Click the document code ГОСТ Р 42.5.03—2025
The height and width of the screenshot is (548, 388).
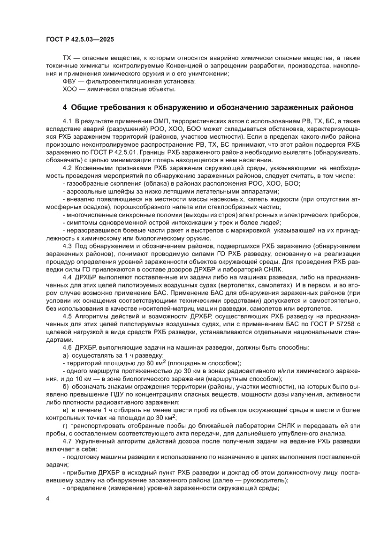[80, 40]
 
